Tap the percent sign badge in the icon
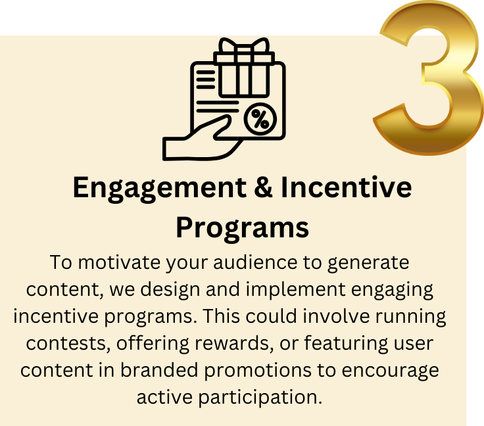click(260, 119)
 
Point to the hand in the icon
click(197, 141)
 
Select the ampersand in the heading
click(264, 188)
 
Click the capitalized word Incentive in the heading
click(347, 188)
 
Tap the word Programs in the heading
click(242, 227)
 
